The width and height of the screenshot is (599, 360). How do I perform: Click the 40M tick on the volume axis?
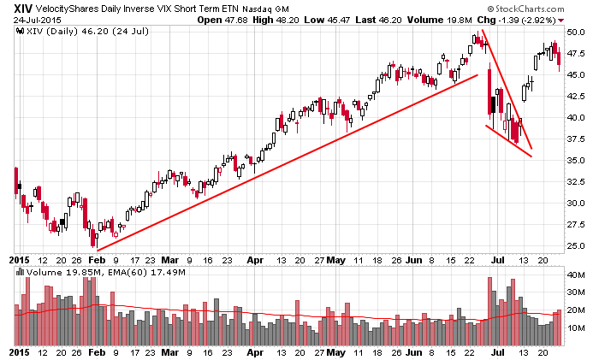tap(577, 274)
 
